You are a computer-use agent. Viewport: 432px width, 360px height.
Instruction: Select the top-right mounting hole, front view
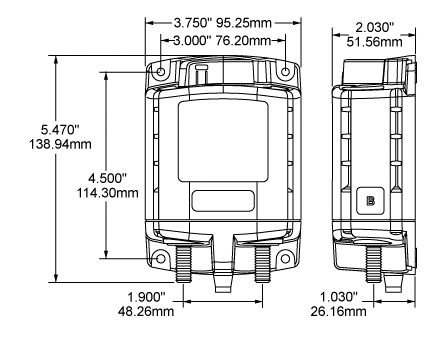pyautogui.click(x=286, y=73)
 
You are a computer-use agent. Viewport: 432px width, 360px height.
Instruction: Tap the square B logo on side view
pyautogui.click(x=370, y=199)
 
